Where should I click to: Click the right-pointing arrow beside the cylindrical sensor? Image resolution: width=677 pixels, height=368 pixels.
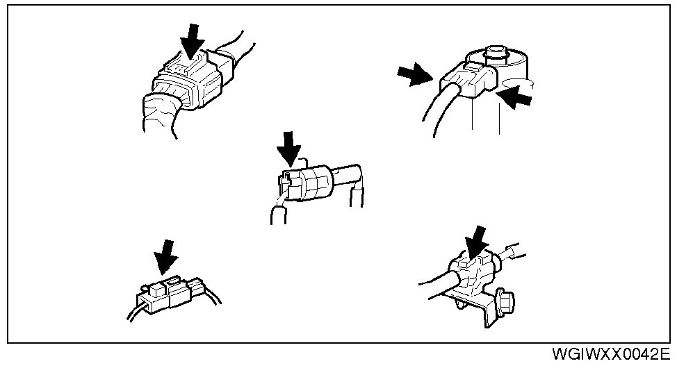click(x=414, y=74)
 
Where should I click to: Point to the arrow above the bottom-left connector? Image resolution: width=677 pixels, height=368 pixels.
click(x=165, y=256)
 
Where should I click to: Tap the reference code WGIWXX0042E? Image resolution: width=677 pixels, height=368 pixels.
click(x=612, y=355)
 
